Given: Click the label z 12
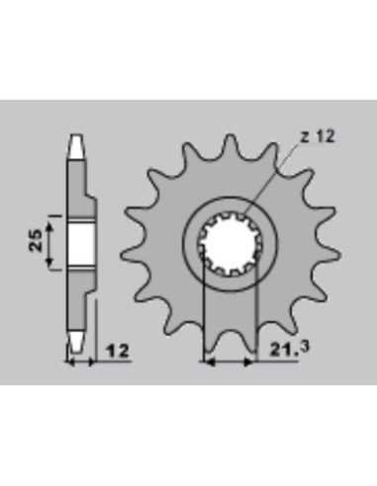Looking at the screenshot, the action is [x=319, y=136].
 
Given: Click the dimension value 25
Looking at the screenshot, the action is [x=36, y=240].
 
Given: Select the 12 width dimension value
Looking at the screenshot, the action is [x=118, y=351].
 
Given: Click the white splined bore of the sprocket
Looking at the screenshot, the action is [x=231, y=245].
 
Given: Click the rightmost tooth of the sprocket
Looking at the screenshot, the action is [x=329, y=255].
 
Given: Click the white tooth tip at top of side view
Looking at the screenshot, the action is [x=77, y=147].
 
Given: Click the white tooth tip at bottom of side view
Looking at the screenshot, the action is [x=77, y=342].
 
